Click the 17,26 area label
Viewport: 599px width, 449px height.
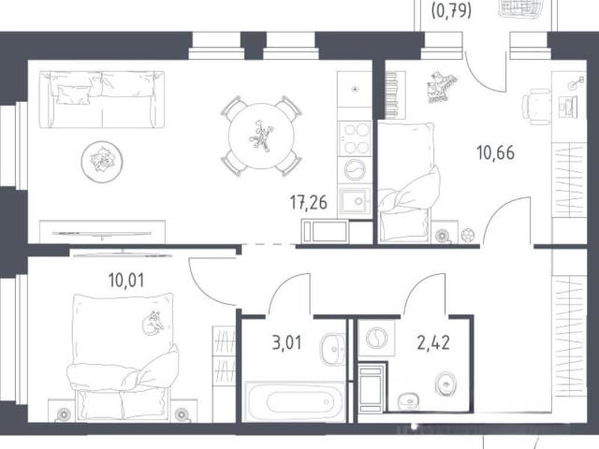tap(309, 203)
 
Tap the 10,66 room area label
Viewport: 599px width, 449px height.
tap(495, 152)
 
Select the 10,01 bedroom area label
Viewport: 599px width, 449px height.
tap(126, 281)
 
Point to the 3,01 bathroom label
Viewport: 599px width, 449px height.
tap(287, 342)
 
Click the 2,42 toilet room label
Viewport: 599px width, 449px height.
tap(433, 342)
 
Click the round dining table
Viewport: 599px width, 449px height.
tap(262, 136)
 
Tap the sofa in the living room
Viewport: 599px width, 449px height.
tap(102, 99)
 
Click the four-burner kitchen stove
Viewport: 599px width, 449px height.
tap(356, 138)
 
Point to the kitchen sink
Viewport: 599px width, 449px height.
tap(356, 200)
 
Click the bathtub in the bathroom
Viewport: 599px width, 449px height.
tap(295, 401)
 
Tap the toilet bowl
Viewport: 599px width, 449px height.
tap(446, 383)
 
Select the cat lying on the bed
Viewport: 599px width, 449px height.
tap(153, 323)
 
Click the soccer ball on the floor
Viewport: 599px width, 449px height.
tap(468, 234)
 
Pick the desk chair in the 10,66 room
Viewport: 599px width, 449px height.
tap(536, 107)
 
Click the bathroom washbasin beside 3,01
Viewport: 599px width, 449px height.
tap(332, 349)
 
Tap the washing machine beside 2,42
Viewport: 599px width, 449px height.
tap(376, 339)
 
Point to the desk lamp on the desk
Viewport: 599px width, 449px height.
tap(576, 83)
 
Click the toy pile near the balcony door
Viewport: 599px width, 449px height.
tap(441, 87)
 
